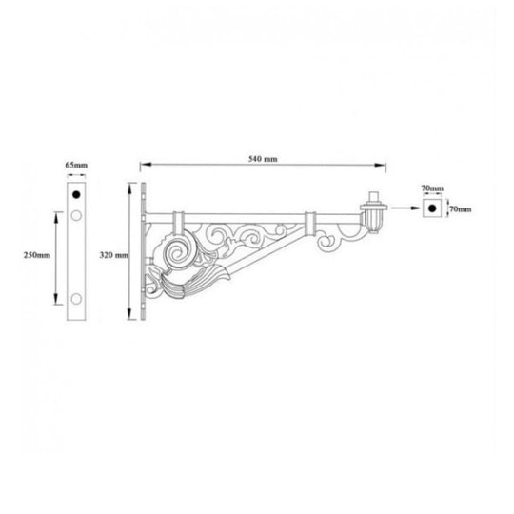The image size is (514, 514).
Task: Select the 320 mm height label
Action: (113, 256)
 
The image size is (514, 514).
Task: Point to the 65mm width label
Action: (76, 167)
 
